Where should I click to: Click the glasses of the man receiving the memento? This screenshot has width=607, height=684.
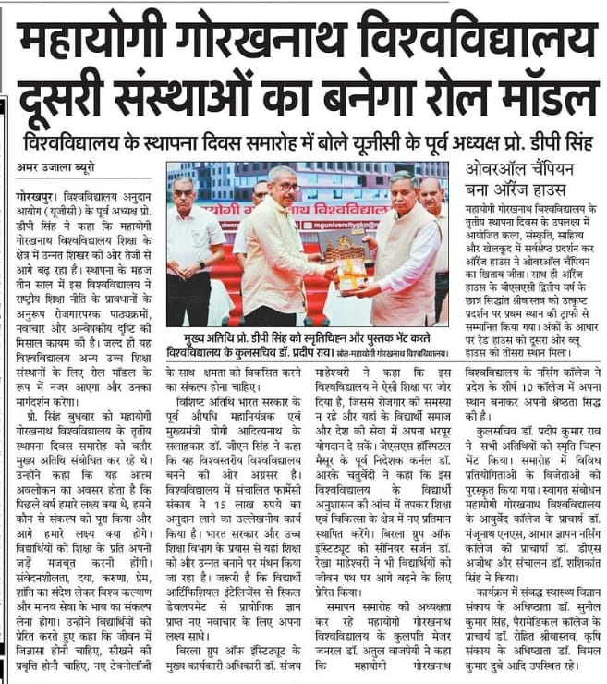[287, 188]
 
